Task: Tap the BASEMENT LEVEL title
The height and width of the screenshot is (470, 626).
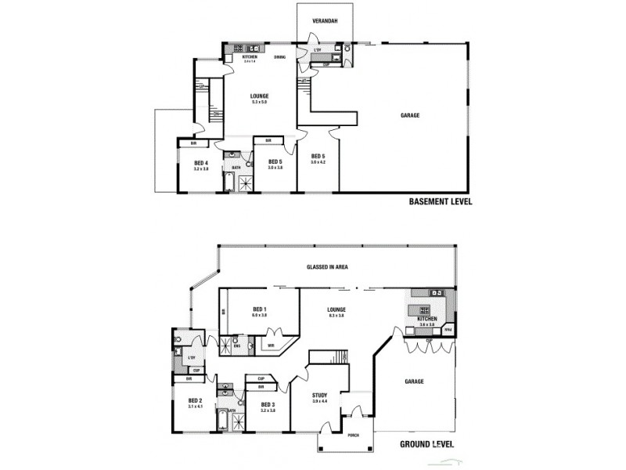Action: tap(441, 201)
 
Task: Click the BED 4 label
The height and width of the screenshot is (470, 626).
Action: tap(201, 163)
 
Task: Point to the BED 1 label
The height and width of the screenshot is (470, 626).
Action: tap(260, 309)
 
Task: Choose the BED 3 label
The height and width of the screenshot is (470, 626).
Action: tap(268, 404)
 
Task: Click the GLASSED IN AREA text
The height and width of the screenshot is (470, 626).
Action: tap(327, 267)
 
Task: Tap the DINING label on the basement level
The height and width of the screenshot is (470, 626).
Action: tap(279, 57)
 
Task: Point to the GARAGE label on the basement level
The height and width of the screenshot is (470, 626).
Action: tap(410, 115)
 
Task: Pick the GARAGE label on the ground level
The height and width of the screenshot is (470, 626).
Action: tap(414, 381)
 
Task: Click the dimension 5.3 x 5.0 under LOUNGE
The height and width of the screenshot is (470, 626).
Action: tap(260, 102)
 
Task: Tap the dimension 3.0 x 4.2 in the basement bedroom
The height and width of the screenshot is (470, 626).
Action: tap(317, 162)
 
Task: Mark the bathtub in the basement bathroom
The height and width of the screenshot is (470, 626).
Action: tap(228, 183)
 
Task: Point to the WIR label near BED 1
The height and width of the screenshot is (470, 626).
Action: tap(271, 345)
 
